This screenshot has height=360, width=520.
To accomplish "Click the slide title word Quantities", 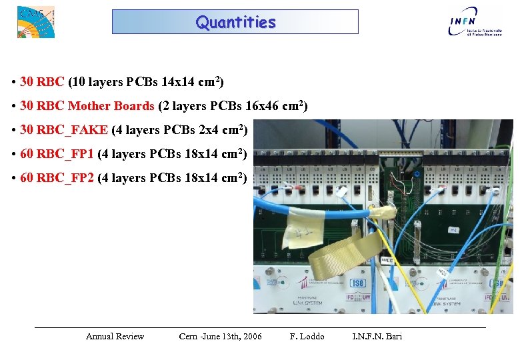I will pos(235,22).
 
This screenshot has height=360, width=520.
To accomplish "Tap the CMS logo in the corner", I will pos(35,21).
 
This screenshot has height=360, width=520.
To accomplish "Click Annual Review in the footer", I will pos(115,337).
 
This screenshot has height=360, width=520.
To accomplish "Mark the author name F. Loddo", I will pos(307,337).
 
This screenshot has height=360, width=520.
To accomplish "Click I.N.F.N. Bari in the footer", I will pos(377,337).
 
